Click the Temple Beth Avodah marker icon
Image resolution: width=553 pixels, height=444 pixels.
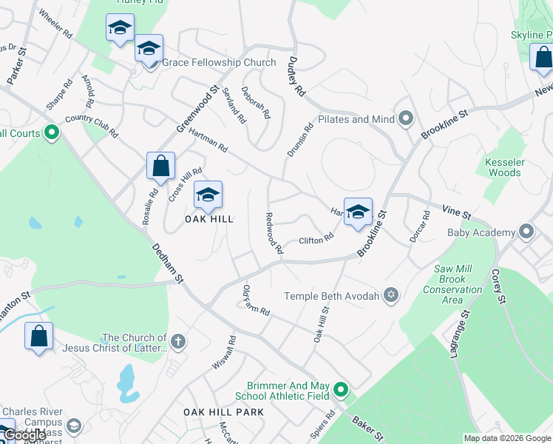(391, 296)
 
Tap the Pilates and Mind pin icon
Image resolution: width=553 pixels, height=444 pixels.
(406, 118)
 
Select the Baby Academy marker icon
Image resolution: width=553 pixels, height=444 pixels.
(526, 232)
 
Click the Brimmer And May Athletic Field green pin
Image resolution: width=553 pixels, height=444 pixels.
(340, 388)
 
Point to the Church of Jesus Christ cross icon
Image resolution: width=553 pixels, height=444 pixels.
(177, 342)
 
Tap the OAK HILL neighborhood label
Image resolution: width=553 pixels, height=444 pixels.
(208, 219)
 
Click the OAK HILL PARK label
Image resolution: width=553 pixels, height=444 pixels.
(223, 411)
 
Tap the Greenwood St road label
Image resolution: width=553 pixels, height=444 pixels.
(197, 110)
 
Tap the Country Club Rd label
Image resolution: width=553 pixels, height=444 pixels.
(92, 126)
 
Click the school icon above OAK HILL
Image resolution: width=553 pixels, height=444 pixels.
(208, 195)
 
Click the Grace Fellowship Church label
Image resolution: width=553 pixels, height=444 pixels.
(219, 63)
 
